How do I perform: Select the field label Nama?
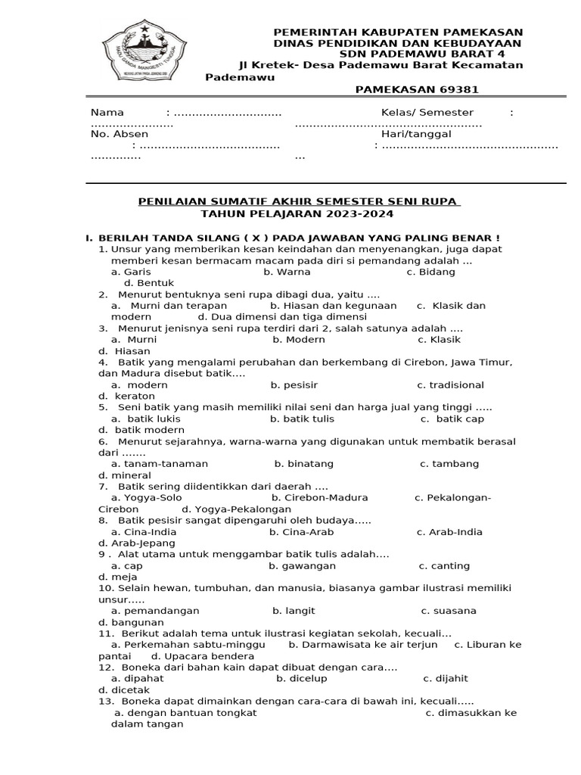tap(107, 112)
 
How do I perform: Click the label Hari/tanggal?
tap(416, 134)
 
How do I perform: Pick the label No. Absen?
tap(119, 134)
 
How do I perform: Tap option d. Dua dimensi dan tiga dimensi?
tap(282, 317)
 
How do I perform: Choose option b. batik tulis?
tap(302, 419)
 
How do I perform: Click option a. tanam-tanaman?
tap(159, 463)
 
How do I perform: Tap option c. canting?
tap(444, 565)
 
